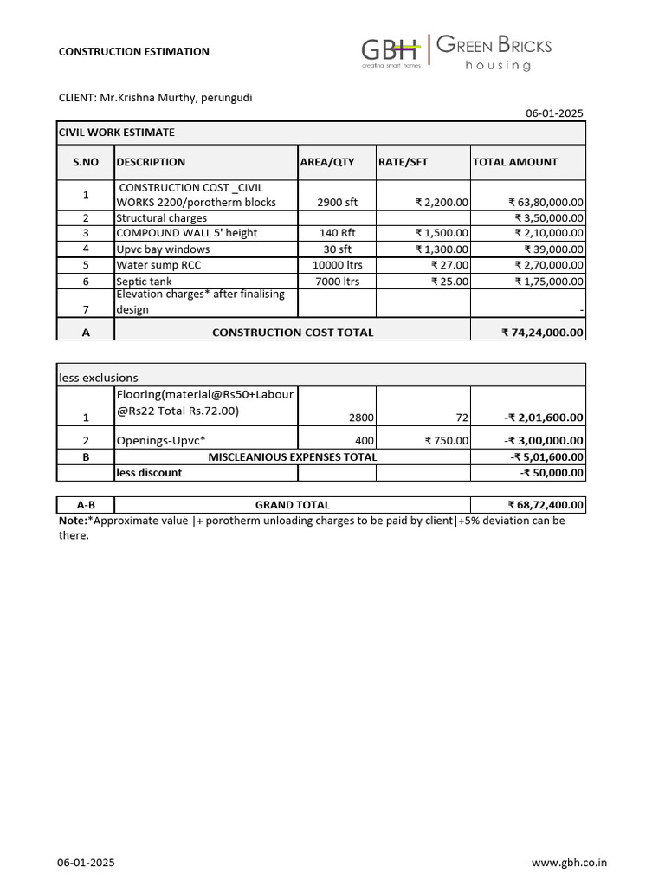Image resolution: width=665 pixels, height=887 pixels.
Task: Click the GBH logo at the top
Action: (391, 50)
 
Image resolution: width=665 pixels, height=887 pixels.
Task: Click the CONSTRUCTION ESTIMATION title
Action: (133, 52)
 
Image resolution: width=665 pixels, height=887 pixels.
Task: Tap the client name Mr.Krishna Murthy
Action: (147, 97)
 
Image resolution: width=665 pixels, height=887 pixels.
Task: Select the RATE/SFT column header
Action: (403, 162)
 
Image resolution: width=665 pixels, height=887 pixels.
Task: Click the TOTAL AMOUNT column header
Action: (515, 162)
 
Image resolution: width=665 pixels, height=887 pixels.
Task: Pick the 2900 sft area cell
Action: (337, 203)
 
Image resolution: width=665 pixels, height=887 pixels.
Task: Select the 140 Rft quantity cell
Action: (337, 234)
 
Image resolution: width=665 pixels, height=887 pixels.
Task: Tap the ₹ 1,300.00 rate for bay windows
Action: (442, 249)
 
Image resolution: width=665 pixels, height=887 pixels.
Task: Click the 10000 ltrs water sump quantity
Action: (337, 265)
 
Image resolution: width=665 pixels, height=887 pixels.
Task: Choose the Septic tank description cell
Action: (144, 282)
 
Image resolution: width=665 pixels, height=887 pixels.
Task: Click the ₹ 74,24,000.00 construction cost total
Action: (542, 333)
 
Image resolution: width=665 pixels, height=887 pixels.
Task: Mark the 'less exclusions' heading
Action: (98, 378)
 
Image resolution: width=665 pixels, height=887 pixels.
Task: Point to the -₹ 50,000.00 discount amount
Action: (552, 473)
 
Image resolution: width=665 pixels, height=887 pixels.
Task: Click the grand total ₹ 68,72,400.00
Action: (546, 505)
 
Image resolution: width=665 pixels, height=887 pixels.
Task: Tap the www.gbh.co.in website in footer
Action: (569, 863)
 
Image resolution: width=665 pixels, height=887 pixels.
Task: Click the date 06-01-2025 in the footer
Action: (86, 863)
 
